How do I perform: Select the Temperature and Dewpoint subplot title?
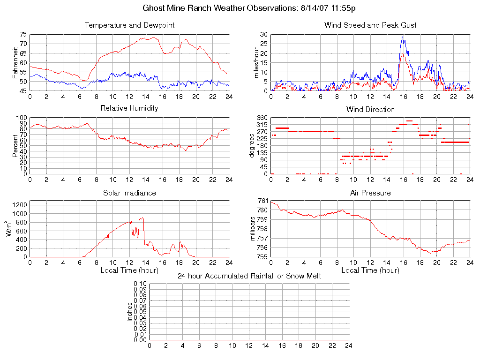(x=129, y=25)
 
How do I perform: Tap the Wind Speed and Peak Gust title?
(x=370, y=25)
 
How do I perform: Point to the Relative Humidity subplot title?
(x=129, y=108)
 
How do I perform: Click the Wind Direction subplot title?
(x=370, y=109)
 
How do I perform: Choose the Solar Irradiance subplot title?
(x=129, y=193)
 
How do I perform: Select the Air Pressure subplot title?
(x=370, y=193)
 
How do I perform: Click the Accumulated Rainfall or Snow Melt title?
(x=249, y=276)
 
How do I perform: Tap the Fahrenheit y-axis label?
(x=15, y=63)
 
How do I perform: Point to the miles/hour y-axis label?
(x=256, y=63)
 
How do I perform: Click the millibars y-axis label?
(x=254, y=229)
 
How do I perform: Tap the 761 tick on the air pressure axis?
(x=262, y=201)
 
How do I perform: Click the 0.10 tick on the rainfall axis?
(x=140, y=284)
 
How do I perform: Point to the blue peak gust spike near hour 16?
(x=402, y=37)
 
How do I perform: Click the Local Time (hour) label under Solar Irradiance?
(x=129, y=270)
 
